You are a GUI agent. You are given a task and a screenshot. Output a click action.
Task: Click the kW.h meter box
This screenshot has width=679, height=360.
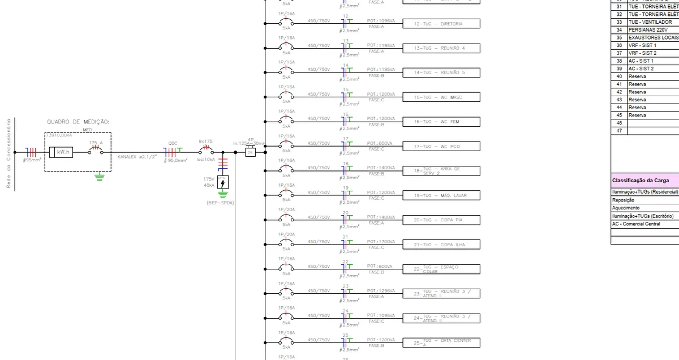pyautogui.click(x=61, y=152)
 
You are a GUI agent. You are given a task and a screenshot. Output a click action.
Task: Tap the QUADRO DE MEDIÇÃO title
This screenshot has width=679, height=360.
pyautogui.click(x=78, y=122)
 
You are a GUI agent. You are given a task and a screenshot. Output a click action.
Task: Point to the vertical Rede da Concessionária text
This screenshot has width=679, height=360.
pyautogui.click(x=8, y=153)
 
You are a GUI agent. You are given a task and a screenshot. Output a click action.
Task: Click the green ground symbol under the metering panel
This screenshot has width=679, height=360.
pyautogui.click(x=100, y=178)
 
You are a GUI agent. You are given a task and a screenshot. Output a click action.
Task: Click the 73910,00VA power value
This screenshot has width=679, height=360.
pyautogui.click(x=59, y=135)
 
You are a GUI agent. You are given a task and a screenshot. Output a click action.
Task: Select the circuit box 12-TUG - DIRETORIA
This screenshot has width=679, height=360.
pyautogui.click(x=441, y=24)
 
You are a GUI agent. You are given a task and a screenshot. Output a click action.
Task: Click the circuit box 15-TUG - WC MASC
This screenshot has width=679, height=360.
pyautogui.click(x=441, y=97)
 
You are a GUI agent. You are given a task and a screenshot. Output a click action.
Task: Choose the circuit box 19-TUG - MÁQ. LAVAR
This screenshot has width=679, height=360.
pyautogui.click(x=441, y=196)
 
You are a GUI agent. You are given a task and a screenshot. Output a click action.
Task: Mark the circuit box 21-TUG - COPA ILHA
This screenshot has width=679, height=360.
pyautogui.click(x=441, y=245)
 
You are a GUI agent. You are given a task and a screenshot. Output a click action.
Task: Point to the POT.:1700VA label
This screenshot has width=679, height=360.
pyautogui.click(x=380, y=241)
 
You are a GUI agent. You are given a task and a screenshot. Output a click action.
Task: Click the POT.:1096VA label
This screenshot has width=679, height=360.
pyautogui.click(x=380, y=20)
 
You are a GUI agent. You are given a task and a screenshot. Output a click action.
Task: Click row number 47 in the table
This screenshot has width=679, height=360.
pyautogui.click(x=619, y=131)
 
